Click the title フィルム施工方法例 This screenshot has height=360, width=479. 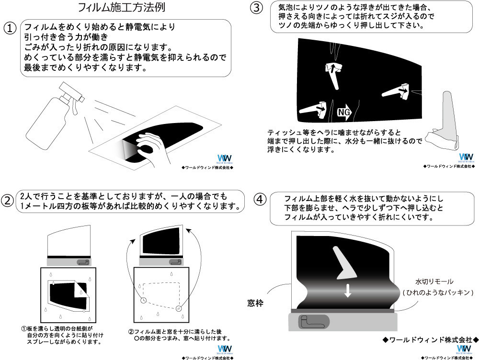(123, 8)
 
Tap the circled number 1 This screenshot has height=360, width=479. (11, 28)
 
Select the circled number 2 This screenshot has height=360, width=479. (9, 200)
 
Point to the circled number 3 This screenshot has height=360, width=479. (257, 8)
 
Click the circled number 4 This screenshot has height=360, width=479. (259, 199)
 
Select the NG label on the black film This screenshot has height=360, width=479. (345, 112)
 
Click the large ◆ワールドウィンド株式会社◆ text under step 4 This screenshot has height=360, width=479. (431, 340)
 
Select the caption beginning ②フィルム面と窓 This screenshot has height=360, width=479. (179, 335)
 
